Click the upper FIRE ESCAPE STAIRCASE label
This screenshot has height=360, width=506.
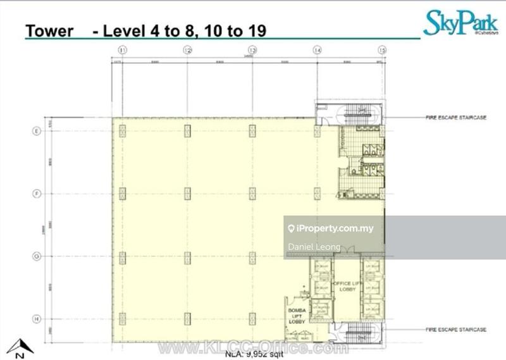[x=457, y=118]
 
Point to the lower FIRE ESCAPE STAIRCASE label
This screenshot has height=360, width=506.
[x=457, y=330]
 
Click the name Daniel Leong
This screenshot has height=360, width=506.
[x=314, y=247]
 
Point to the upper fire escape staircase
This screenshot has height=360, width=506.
[x=359, y=115]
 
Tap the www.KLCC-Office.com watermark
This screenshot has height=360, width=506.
[x=253, y=347]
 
